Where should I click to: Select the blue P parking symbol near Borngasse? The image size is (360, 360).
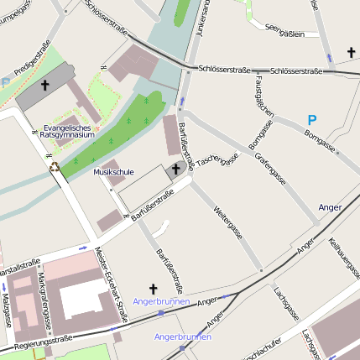311,120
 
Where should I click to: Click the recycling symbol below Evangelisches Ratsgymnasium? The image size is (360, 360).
55,166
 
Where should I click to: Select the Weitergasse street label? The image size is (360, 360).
227,220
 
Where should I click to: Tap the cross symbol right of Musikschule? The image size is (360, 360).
176,170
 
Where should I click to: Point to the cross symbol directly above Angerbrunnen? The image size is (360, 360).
153,288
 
